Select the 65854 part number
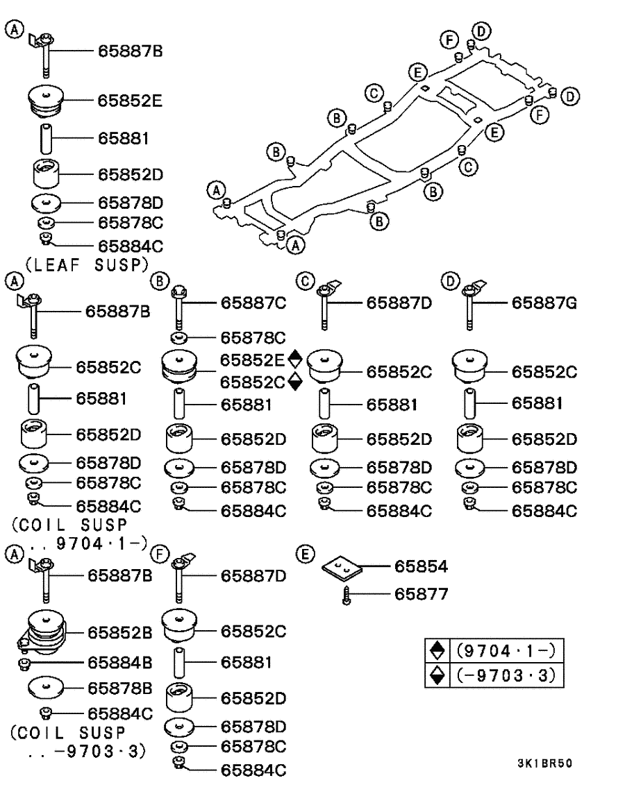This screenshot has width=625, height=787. pos(420,567)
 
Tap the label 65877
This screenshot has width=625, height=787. pos(420,594)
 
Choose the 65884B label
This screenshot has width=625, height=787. pos(119,662)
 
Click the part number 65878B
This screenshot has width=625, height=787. pos(119,688)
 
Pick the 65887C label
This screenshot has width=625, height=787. pos(253,303)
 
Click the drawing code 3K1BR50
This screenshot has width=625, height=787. pos(544,763)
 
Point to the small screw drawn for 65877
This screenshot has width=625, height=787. pos(346,595)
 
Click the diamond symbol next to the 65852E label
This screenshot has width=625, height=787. pos(295,359)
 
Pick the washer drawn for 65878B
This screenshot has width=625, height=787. pos(47,688)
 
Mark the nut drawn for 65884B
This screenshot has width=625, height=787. pos(24,663)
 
